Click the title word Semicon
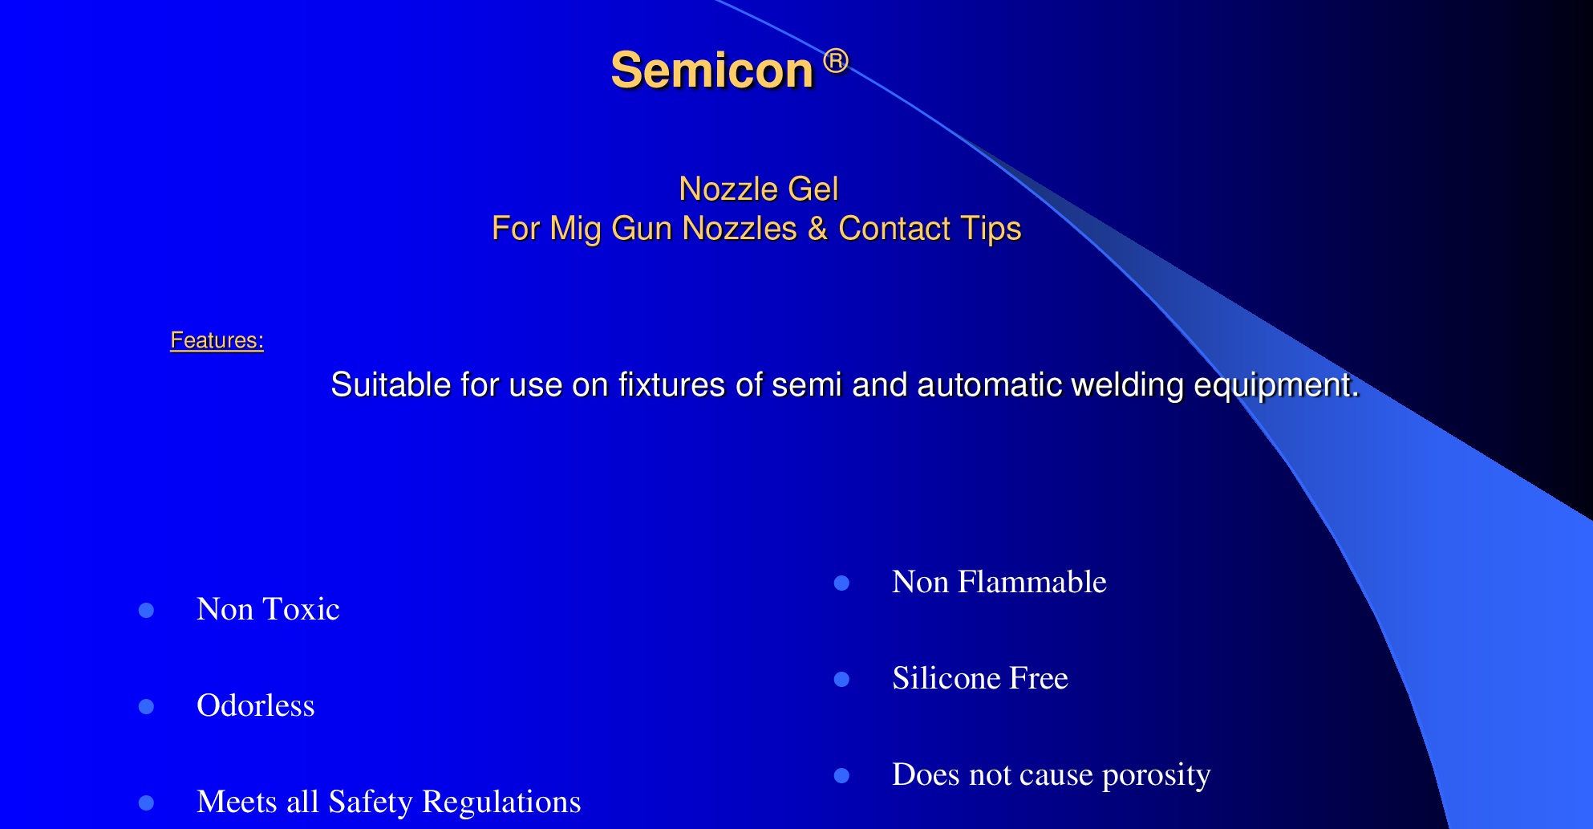tap(712, 70)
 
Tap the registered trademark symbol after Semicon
tap(836, 61)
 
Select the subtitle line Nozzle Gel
tap(758, 189)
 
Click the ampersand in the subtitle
tap(817, 229)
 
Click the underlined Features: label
tap(217, 340)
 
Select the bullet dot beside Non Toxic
tap(146, 611)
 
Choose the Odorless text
tap(256, 705)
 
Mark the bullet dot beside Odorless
tap(146, 707)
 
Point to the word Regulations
tap(501, 803)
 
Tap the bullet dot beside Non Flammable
tap(841, 583)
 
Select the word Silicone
tap(946, 678)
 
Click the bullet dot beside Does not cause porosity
tap(841, 776)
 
